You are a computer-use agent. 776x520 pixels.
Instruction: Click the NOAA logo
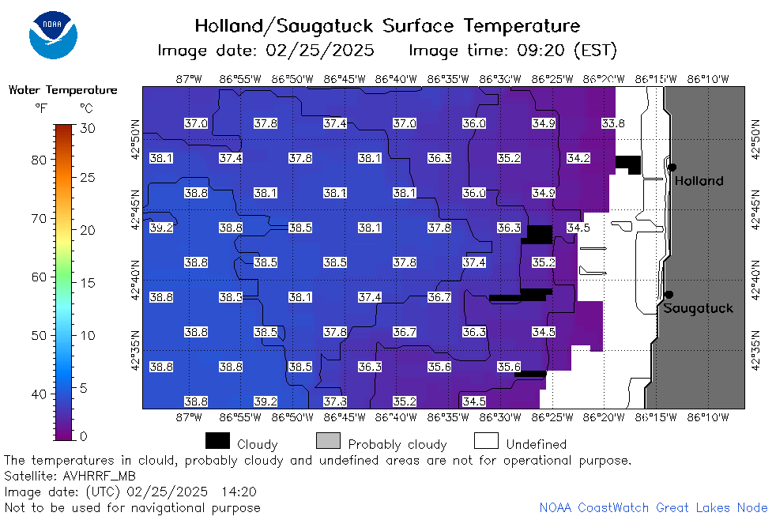(x=53, y=35)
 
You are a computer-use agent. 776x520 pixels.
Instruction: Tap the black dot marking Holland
(x=672, y=168)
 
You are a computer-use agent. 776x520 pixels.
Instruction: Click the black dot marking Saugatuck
(x=669, y=295)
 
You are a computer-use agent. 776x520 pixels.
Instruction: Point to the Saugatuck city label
(x=698, y=308)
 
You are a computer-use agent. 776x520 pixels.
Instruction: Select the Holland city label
(x=699, y=181)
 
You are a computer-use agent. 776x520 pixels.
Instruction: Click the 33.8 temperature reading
(x=613, y=123)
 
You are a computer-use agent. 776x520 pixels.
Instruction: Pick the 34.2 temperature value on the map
(x=578, y=158)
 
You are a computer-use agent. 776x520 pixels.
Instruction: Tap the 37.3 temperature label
(x=335, y=401)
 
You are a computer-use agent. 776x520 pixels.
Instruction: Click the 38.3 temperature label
(x=231, y=297)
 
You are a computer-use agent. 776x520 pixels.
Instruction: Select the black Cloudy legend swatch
(x=217, y=440)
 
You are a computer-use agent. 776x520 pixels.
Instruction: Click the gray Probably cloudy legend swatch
(x=328, y=440)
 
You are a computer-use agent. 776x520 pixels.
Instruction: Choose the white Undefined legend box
(x=486, y=440)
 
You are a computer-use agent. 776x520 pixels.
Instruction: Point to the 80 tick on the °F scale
(x=39, y=160)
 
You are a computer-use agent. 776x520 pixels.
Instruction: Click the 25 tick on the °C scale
(x=88, y=177)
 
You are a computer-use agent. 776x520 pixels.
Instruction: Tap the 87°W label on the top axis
(x=189, y=79)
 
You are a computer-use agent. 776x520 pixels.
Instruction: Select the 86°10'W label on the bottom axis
(x=708, y=417)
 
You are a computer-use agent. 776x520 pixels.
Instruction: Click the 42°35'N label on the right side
(x=755, y=350)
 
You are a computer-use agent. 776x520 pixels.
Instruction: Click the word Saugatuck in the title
(x=324, y=26)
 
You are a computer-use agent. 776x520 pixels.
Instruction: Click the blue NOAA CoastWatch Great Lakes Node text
(x=654, y=507)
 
